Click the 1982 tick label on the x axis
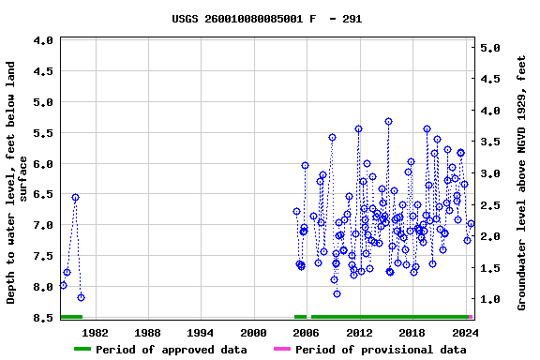click(x=96, y=332)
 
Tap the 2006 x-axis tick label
click(x=306, y=332)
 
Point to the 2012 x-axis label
click(x=359, y=332)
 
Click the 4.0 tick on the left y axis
click(x=42, y=41)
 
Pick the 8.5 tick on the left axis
click(x=42, y=318)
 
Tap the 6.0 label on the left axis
click(x=42, y=164)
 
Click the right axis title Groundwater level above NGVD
click(x=522, y=182)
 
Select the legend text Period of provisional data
click(x=382, y=350)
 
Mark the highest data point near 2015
click(x=388, y=122)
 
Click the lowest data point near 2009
click(x=337, y=293)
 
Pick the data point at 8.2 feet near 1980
click(x=81, y=297)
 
